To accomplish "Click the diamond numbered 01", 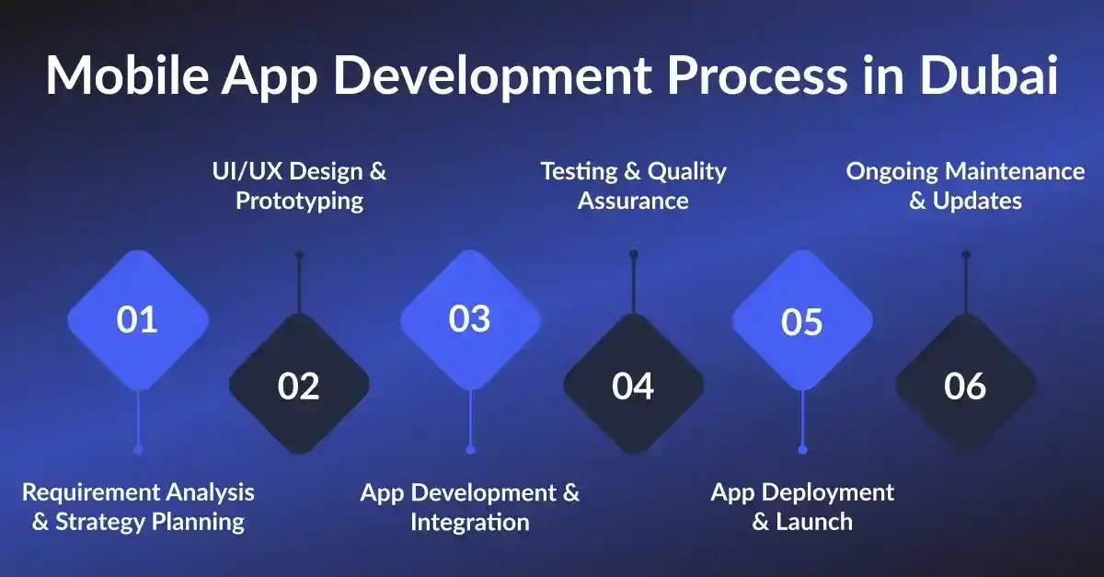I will click(138, 320).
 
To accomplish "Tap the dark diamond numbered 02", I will click(299, 386).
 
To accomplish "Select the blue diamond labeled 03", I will click(470, 318).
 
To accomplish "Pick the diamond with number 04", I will click(633, 386).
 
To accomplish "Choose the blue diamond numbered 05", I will click(801, 321).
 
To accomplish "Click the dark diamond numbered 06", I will click(965, 386).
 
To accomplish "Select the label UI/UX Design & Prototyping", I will click(299, 186).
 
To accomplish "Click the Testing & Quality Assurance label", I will click(633, 186).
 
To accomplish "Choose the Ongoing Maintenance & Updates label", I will click(965, 186).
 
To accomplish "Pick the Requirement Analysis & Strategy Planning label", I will click(138, 507).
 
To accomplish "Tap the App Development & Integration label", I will click(470, 507).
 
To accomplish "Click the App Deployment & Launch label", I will click(801, 507).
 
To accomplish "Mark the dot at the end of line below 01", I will click(138, 449).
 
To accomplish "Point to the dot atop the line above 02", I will click(299, 254).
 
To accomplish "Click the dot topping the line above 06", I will click(965, 254).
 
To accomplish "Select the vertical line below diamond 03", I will click(470, 419).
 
